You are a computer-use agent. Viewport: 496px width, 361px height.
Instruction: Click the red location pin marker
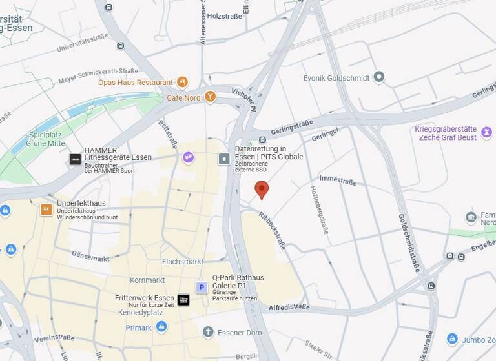click(x=262, y=190)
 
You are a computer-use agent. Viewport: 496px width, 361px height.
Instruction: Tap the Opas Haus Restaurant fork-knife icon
click(x=182, y=82)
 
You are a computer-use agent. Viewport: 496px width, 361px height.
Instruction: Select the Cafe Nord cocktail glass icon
click(x=210, y=97)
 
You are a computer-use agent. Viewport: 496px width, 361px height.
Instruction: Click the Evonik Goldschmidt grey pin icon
click(x=379, y=77)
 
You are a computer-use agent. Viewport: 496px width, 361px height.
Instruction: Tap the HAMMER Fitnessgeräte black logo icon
click(x=76, y=159)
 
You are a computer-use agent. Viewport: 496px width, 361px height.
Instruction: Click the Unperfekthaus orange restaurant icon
click(x=46, y=210)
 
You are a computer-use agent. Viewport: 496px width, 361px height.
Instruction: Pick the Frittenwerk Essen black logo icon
click(x=183, y=299)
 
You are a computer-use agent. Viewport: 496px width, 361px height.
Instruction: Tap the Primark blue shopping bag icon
click(x=161, y=327)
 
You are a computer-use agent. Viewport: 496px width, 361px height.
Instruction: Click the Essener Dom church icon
click(x=208, y=332)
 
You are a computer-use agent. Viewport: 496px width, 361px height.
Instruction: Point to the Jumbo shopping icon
click(x=453, y=339)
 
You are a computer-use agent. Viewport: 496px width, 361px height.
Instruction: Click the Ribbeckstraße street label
click(x=271, y=230)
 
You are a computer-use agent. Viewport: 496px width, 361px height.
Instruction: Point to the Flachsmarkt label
click(x=183, y=261)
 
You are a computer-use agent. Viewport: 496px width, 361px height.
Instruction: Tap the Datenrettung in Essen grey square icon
click(x=224, y=158)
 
